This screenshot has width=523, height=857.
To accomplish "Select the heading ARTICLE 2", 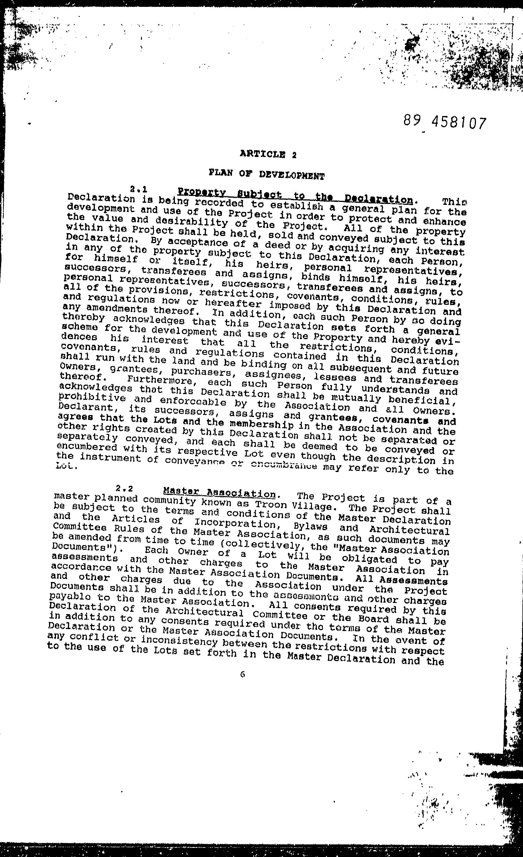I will (x=268, y=154).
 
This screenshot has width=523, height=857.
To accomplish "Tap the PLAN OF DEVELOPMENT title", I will (x=266, y=174).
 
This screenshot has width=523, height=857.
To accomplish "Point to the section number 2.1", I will (x=139, y=190).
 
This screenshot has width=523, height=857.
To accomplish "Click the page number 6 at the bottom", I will (x=242, y=674).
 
